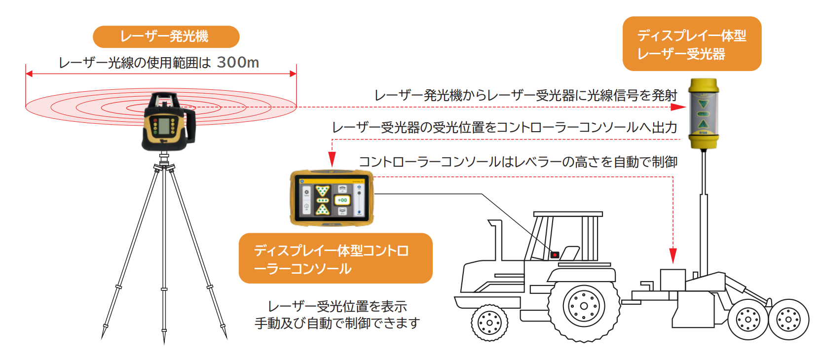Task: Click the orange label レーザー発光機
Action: (166, 36)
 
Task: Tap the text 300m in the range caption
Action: (238, 63)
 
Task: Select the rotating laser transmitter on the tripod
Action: (168, 122)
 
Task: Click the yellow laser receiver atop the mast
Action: (703, 113)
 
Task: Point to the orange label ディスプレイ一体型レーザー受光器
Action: (692, 44)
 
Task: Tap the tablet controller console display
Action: (332, 198)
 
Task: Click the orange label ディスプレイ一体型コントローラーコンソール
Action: (336, 259)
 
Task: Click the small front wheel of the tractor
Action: (489, 323)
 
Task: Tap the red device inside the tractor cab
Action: (555, 255)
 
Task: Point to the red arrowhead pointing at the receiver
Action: (680, 107)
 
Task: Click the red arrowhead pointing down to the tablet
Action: (332, 159)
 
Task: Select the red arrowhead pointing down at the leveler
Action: (672, 255)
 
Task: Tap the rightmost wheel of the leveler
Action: (788, 320)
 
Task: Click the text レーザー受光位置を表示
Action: (337, 306)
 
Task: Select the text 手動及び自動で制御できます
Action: (337, 323)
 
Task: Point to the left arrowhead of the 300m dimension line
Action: (29, 74)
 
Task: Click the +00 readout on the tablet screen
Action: (342, 200)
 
